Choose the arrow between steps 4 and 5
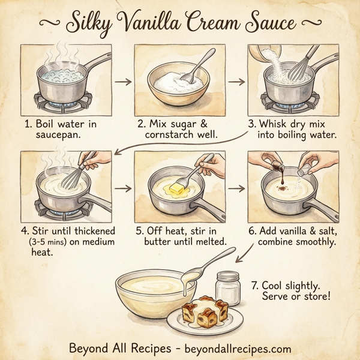(121, 188)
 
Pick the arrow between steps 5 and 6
(236, 188)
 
